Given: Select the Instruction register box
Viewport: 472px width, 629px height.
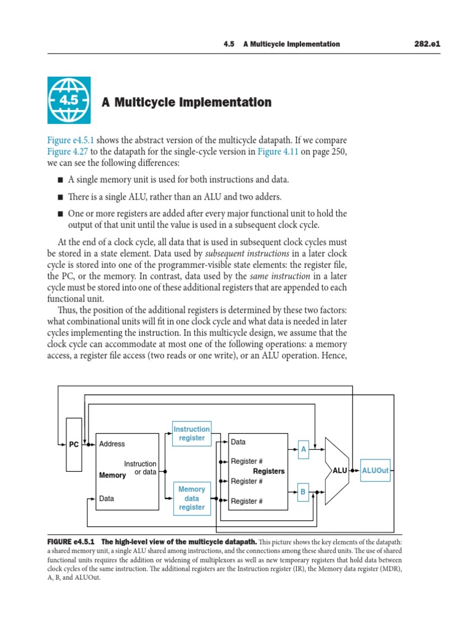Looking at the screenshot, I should click(x=192, y=434).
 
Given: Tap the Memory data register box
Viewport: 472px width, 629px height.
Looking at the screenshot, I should click(x=192, y=498).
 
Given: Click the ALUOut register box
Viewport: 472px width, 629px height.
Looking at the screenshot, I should click(x=375, y=471).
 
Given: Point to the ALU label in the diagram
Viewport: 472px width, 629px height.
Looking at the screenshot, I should click(x=340, y=471).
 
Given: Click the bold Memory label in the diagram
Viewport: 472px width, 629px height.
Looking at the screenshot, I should click(x=112, y=475).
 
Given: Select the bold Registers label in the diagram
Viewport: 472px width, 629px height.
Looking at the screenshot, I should click(x=269, y=471).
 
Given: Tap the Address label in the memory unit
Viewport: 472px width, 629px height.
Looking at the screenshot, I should click(x=112, y=443).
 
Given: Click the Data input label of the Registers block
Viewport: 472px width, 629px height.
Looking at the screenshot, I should click(x=238, y=442).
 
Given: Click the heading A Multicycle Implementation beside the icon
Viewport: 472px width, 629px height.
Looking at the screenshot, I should click(x=186, y=103).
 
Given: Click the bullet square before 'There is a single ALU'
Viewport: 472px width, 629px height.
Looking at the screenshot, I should click(x=60, y=197).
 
